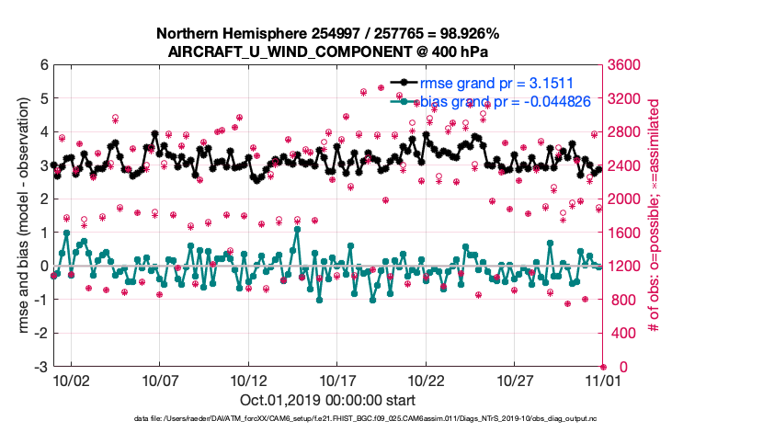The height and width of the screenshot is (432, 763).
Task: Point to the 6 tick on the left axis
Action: click(x=42, y=65)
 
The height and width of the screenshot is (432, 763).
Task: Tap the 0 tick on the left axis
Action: click(x=42, y=267)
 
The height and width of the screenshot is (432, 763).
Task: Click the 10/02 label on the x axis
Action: click(x=71, y=380)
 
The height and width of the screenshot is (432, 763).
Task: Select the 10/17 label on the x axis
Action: click(x=337, y=380)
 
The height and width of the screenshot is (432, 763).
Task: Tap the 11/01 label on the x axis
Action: click(x=604, y=380)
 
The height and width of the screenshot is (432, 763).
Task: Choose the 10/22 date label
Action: click(x=427, y=380)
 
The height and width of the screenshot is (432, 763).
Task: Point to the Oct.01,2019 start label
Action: click(x=327, y=400)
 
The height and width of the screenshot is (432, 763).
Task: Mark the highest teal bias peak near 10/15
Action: click(x=296, y=229)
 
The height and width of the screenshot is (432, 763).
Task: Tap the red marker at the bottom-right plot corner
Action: click(x=603, y=367)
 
